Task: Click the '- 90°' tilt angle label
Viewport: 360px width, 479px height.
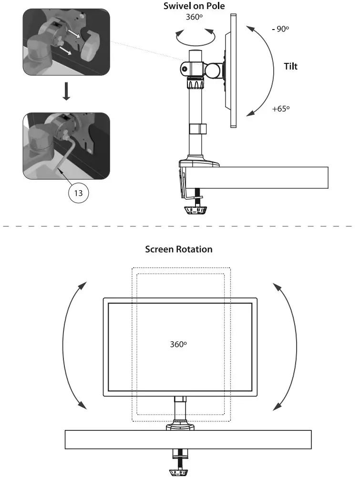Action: click(280, 29)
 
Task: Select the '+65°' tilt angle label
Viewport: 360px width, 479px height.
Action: click(281, 109)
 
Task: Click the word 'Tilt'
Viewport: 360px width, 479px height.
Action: click(291, 67)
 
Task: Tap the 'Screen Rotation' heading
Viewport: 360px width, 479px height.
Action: click(179, 249)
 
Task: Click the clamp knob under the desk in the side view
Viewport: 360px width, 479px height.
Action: click(197, 210)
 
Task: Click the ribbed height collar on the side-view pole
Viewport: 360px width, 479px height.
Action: click(196, 84)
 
